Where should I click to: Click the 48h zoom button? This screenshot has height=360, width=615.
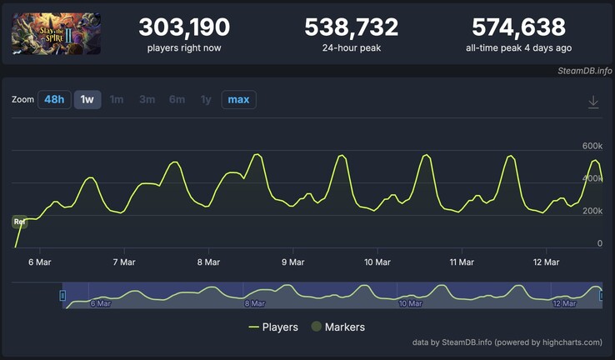(x=54, y=100)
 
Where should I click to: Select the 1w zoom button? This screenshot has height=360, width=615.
(x=87, y=100)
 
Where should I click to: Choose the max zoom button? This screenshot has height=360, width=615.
(x=238, y=100)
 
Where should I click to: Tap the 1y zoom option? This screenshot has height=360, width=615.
(x=206, y=100)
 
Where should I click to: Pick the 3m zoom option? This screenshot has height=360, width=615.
(x=147, y=100)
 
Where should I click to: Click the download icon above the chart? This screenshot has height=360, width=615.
(x=593, y=102)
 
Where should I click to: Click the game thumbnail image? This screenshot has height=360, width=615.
(x=57, y=33)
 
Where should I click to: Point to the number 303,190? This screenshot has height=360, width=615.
(x=184, y=27)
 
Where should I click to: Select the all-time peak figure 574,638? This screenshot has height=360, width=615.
(x=518, y=27)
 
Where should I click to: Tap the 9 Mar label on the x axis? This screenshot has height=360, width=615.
(x=292, y=262)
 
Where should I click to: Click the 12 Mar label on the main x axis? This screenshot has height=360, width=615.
(x=546, y=262)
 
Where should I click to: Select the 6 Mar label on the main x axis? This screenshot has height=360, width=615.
(x=40, y=262)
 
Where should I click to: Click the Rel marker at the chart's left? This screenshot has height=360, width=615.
(x=19, y=222)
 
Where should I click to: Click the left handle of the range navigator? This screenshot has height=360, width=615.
(x=62, y=295)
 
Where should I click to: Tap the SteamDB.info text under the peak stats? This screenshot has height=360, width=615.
(x=584, y=71)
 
